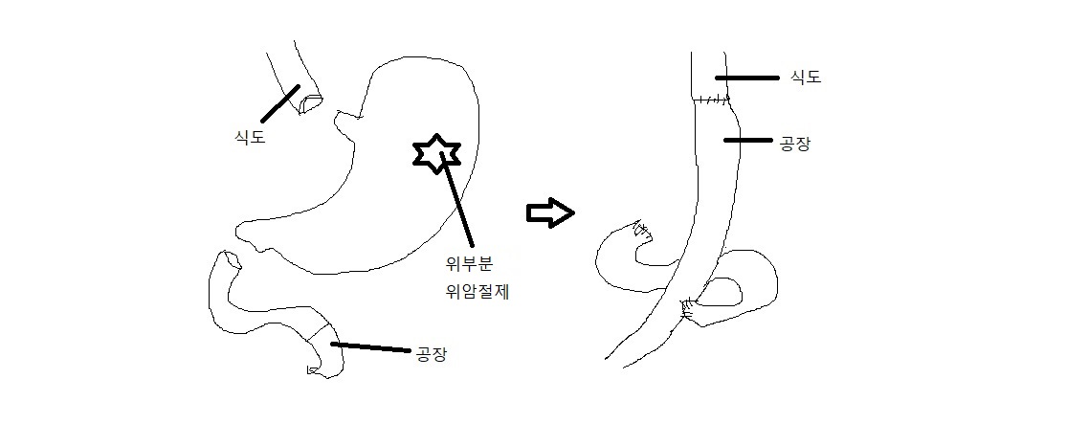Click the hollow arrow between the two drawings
pyautogui.click(x=550, y=212)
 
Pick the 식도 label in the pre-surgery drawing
pyautogui.click(x=250, y=137)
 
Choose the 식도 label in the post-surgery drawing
pyautogui.click(x=806, y=78)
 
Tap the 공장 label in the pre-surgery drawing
pyautogui.click(x=431, y=354)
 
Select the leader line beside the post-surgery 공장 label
pyautogui.click(x=747, y=141)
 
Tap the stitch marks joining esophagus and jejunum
pyautogui.click(x=712, y=100)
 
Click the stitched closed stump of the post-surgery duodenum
pyautogui.click(x=640, y=230)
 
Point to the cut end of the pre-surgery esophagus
pyautogui.click(x=310, y=100)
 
